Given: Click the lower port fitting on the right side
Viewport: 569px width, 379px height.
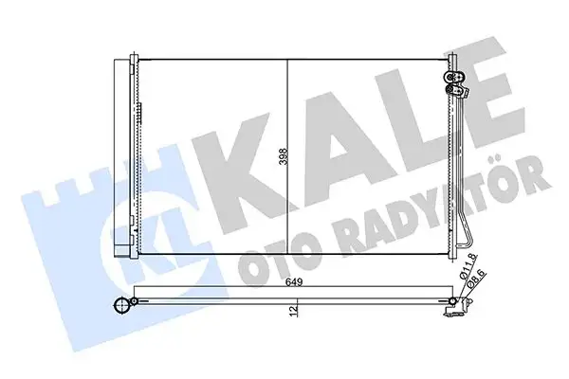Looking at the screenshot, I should pyautogui.click(x=456, y=93).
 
